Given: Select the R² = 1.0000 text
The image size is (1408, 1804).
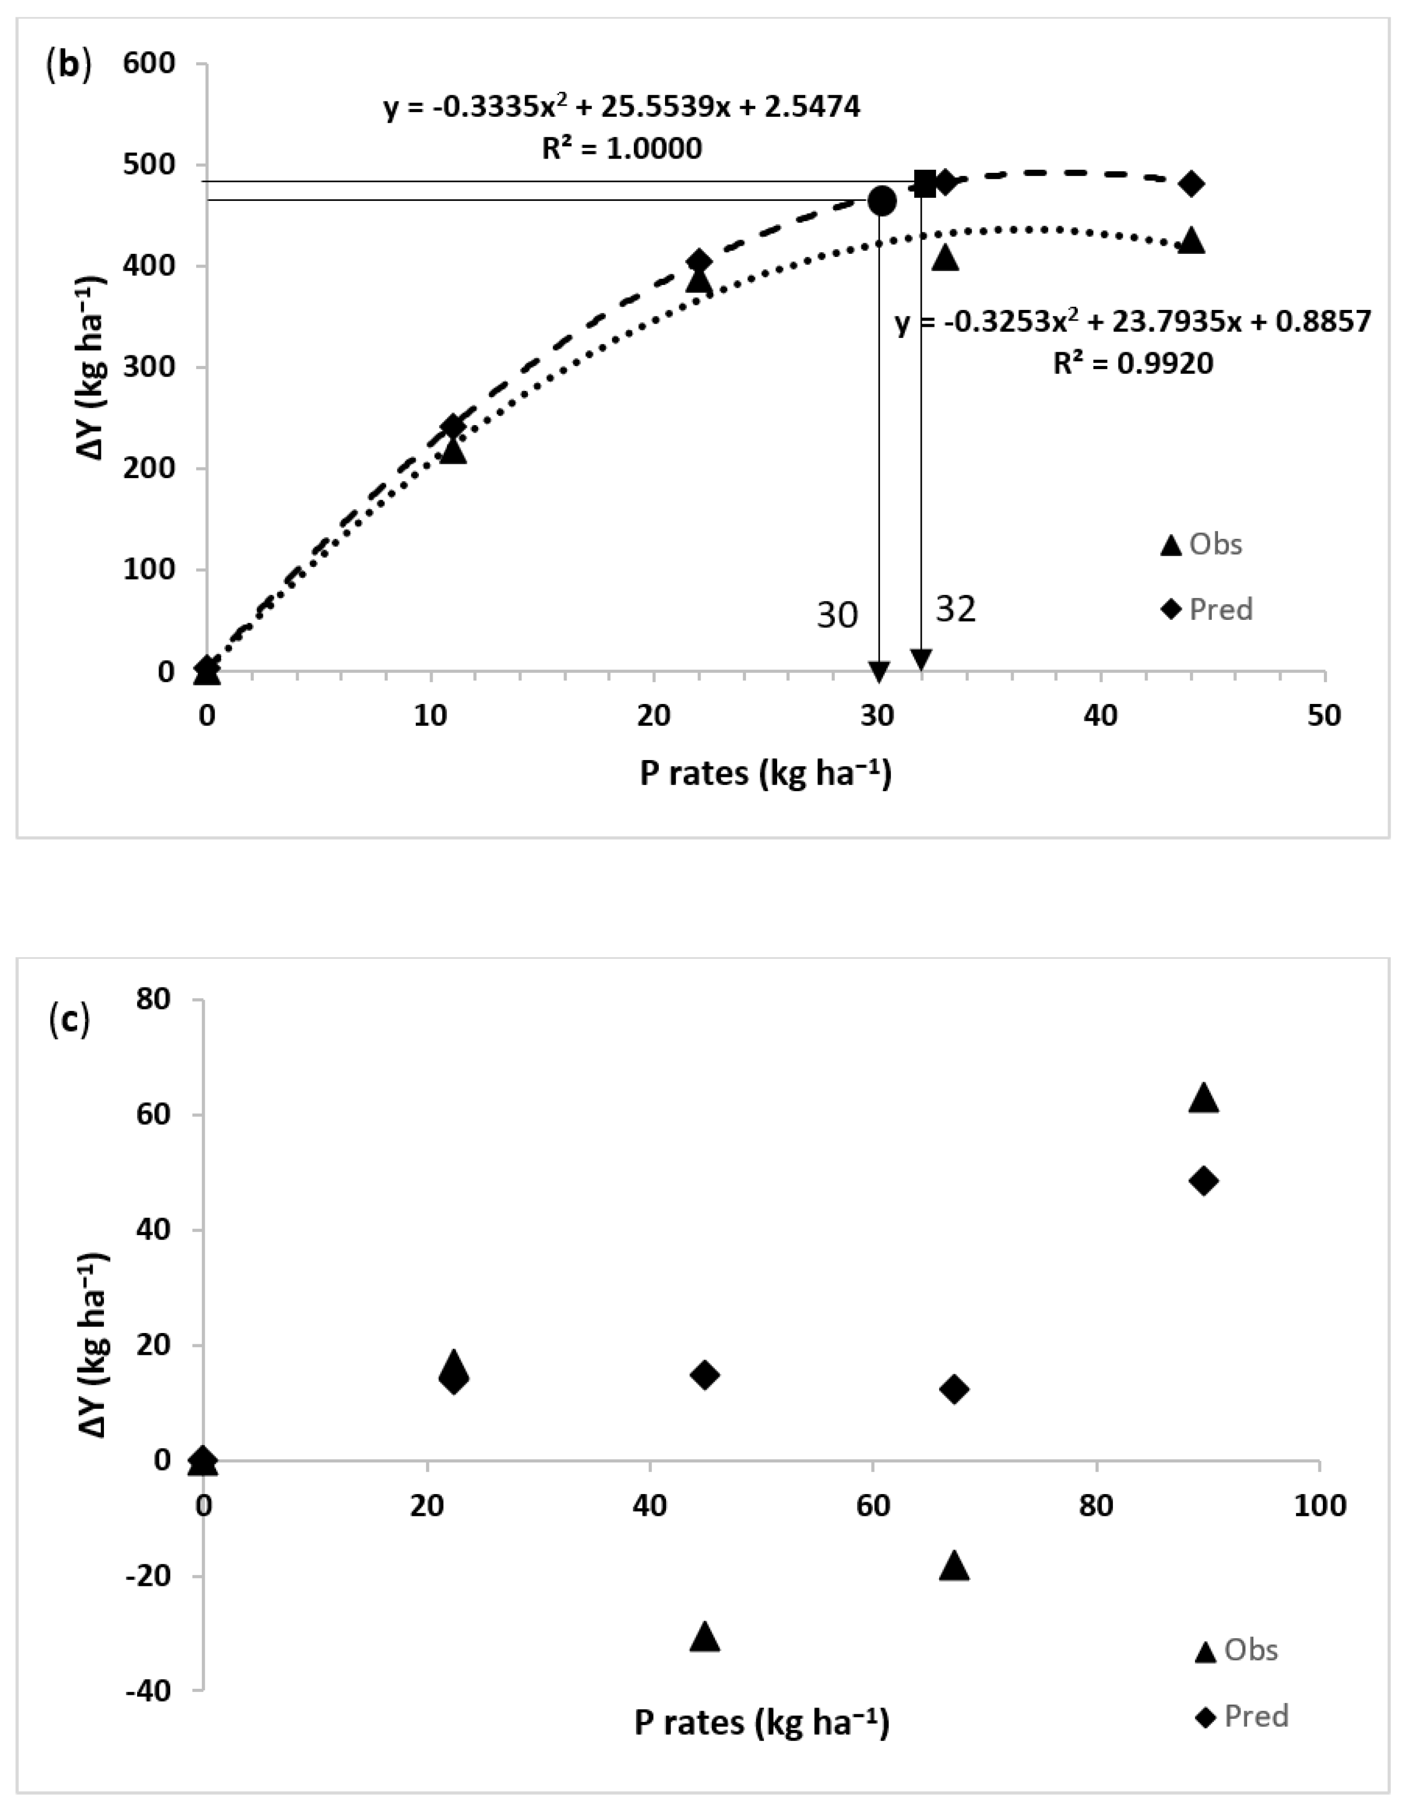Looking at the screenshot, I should tap(622, 149).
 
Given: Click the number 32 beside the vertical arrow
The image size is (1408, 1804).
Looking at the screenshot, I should tap(955, 610).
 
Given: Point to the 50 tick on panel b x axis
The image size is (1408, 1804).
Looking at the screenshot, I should tap(1324, 715).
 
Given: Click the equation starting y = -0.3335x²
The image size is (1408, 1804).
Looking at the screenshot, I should tap(622, 108).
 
